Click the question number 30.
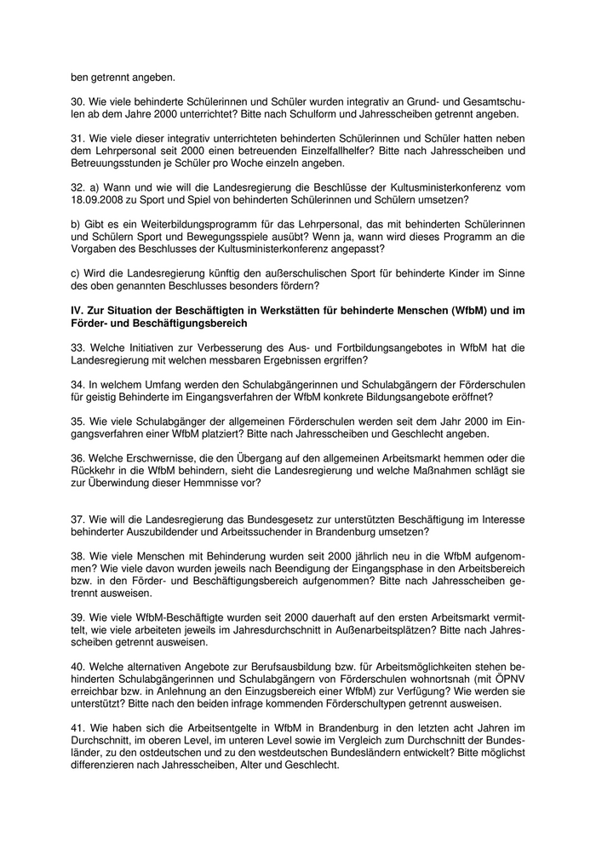pos(77,100)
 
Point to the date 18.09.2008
pos(102,199)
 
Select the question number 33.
pos(77,348)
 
